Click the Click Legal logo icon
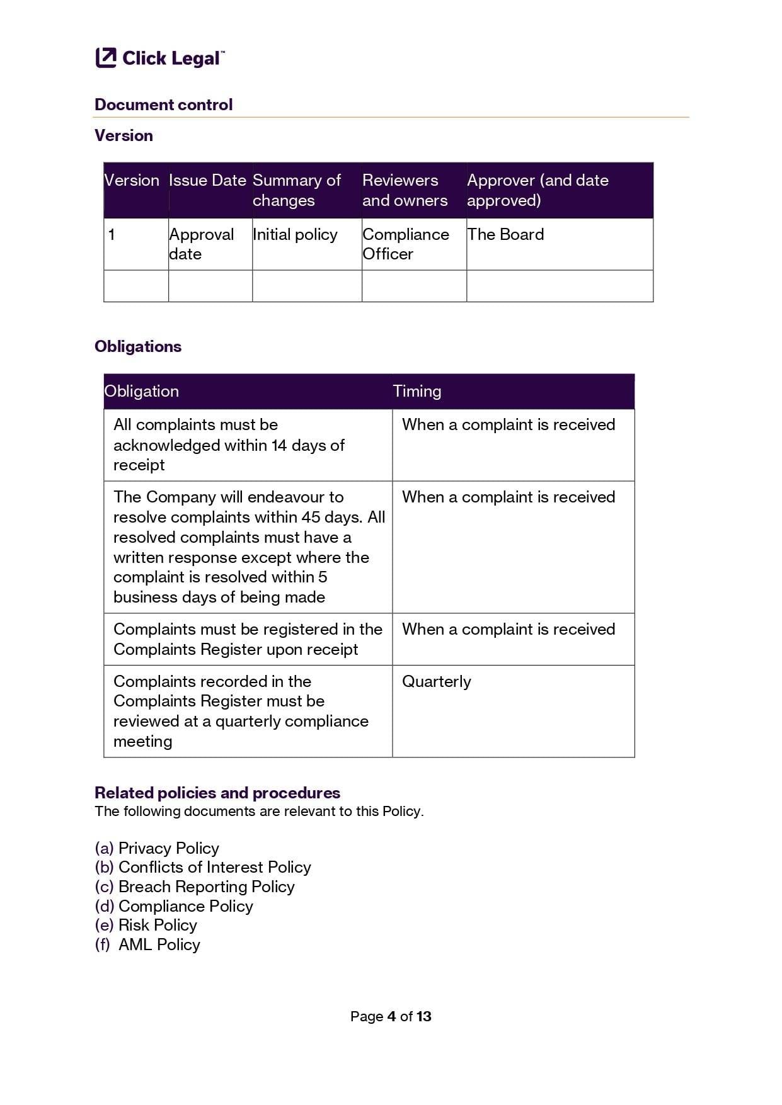click(106, 57)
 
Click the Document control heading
click(163, 105)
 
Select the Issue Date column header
click(207, 181)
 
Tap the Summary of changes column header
click(296, 190)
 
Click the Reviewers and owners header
click(405, 190)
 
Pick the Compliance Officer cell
click(405, 244)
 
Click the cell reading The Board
click(505, 234)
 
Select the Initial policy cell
click(295, 234)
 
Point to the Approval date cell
click(201, 244)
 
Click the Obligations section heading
click(138, 346)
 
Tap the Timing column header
click(417, 391)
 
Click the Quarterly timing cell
click(436, 681)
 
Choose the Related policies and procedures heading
click(217, 793)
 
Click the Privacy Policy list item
click(168, 848)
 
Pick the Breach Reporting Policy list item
click(206, 887)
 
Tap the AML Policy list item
click(159, 944)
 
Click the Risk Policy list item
click(158, 925)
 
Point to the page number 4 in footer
click(391, 1016)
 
